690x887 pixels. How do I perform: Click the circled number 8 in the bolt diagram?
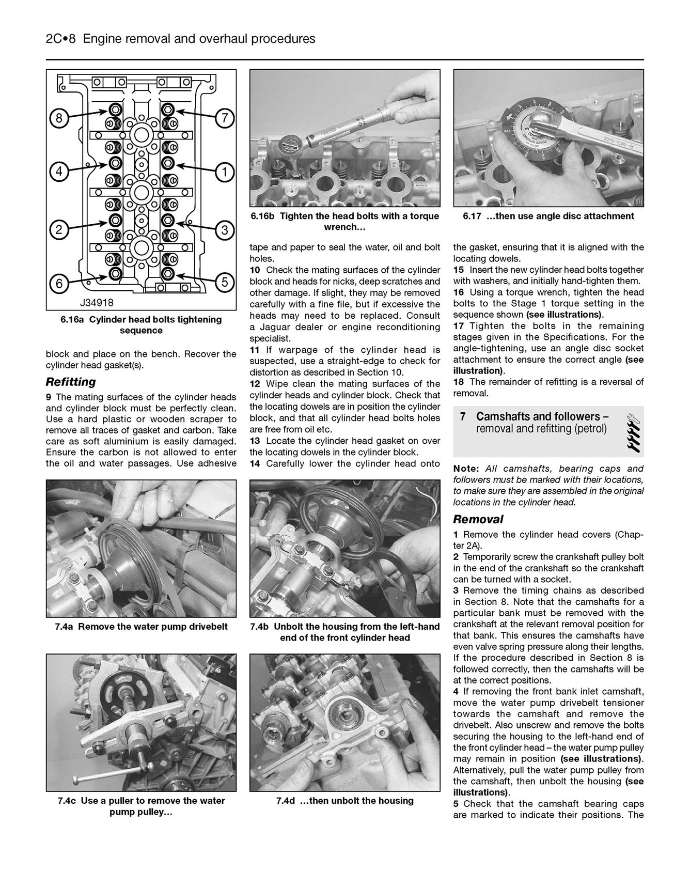pyautogui.click(x=59, y=119)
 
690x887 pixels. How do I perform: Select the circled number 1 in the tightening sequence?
pyautogui.click(x=224, y=172)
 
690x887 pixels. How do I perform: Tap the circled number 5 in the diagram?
pyautogui.click(x=224, y=282)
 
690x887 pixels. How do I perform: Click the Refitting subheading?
pyautogui.click(x=71, y=382)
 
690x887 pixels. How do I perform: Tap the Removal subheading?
pyautogui.click(x=478, y=519)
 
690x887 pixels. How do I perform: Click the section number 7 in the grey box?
pyautogui.click(x=463, y=417)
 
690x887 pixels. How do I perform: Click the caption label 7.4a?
pyautogui.click(x=65, y=627)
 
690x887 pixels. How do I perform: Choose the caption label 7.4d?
pyautogui.click(x=286, y=801)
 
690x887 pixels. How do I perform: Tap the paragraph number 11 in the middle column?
pyautogui.click(x=255, y=350)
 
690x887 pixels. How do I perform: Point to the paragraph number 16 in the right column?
pyautogui.click(x=459, y=292)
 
